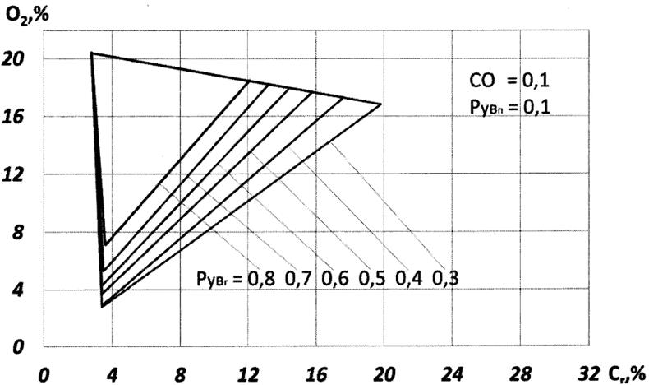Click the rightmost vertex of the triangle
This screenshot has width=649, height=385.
click(x=381, y=104)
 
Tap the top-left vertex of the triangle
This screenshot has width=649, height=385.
click(x=91, y=53)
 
